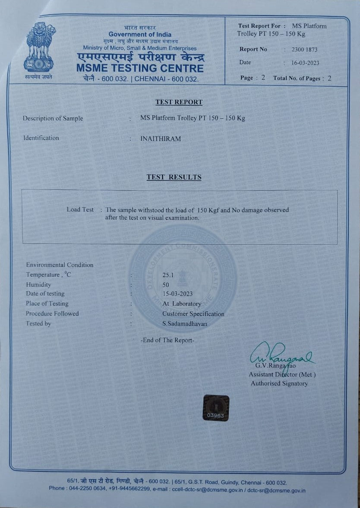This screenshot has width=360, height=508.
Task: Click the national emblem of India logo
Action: click(x=40, y=48)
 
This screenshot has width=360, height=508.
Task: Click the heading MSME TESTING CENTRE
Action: click(x=140, y=68)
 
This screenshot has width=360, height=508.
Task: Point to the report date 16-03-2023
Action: click(x=305, y=63)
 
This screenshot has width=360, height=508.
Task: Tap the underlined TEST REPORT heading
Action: click(x=179, y=102)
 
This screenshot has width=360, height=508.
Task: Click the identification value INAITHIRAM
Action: click(x=161, y=139)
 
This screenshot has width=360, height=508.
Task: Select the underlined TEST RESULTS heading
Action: click(x=174, y=177)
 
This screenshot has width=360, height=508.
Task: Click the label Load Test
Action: click(x=80, y=209)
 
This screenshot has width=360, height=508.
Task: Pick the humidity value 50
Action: click(x=166, y=285)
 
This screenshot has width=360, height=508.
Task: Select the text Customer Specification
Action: click(x=193, y=314)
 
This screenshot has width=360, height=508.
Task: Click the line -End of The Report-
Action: click(x=167, y=340)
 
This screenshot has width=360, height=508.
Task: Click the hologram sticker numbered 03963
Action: click(x=216, y=407)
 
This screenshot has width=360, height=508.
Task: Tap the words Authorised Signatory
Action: click(x=279, y=383)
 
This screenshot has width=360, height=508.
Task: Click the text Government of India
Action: click(x=140, y=35)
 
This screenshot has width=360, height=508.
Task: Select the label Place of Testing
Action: click(x=47, y=303)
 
